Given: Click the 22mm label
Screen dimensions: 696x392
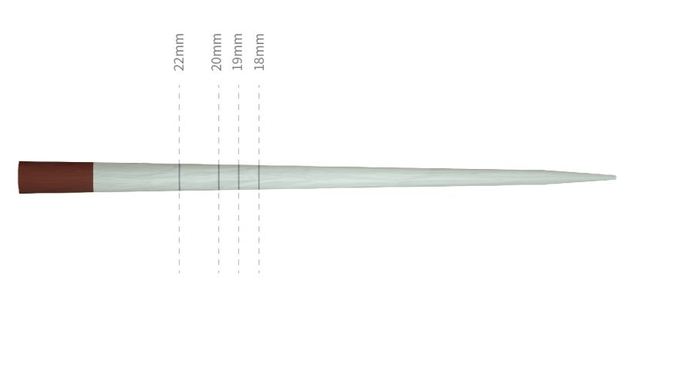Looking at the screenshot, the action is click(x=179, y=52).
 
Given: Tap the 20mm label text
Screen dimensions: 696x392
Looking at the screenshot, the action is click(x=216, y=52).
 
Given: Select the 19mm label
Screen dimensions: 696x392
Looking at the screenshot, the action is click(x=237, y=52).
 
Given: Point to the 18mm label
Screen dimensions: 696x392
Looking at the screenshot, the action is click(x=259, y=52).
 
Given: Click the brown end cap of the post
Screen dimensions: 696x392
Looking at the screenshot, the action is click(x=56, y=177).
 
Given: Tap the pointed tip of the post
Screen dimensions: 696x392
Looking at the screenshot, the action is click(x=615, y=177).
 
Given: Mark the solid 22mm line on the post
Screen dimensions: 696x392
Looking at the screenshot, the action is click(x=180, y=177).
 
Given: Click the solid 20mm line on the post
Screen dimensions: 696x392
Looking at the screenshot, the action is click(x=219, y=177).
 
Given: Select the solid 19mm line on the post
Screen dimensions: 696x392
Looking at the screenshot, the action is click(x=239, y=177).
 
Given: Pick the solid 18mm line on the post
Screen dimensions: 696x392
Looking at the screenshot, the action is click(x=259, y=177).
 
